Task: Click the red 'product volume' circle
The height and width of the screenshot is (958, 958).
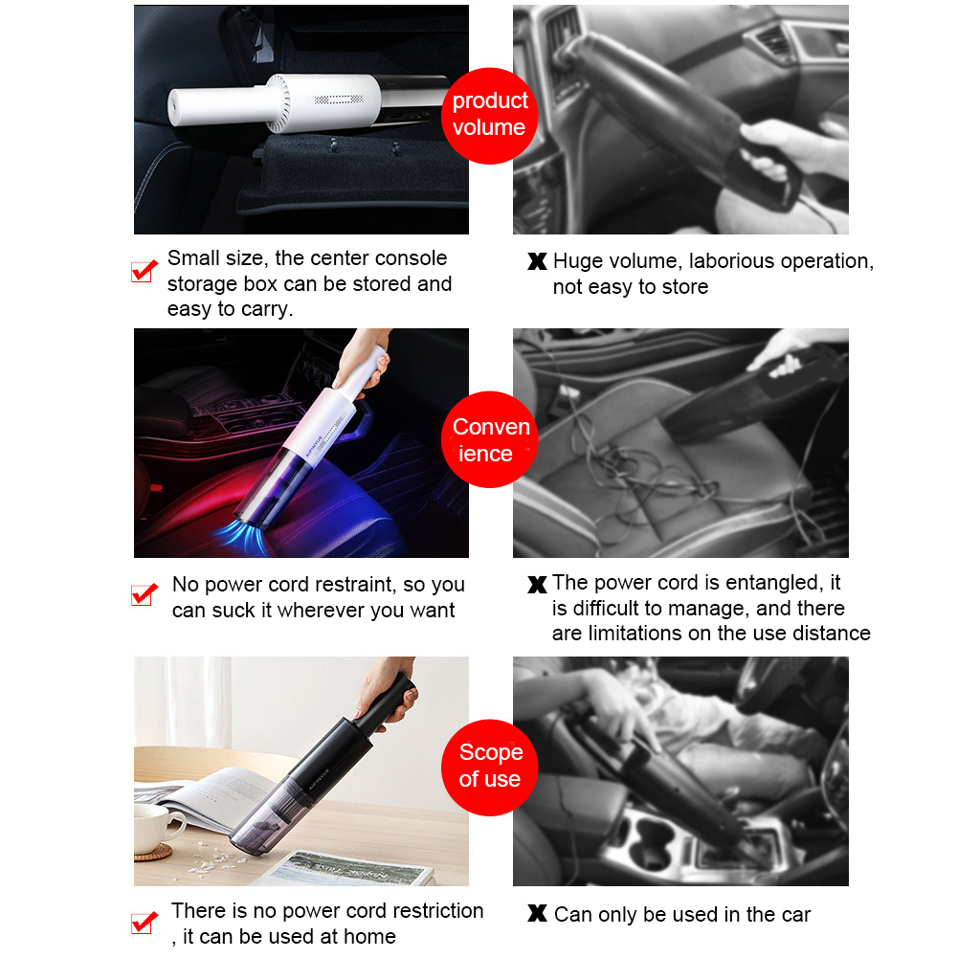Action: [x=489, y=116]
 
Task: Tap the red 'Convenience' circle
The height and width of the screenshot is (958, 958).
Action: [x=489, y=439]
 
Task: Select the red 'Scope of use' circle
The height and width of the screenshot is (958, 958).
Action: [x=489, y=768]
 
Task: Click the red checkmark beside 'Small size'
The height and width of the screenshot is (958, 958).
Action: [x=145, y=271]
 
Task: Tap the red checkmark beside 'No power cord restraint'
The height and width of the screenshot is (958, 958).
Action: [x=145, y=594]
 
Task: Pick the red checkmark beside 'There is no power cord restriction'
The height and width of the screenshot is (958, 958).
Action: [x=145, y=923]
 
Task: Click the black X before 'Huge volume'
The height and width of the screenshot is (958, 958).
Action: [x=537, y=261]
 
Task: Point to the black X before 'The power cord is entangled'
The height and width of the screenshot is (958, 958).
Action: [x=537, y=585]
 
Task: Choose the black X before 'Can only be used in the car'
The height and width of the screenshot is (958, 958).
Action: [x=537, y=913]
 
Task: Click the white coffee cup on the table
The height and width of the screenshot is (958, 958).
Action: [x=154, y=828]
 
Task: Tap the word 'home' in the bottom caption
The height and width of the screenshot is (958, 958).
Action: [x=369, y=936]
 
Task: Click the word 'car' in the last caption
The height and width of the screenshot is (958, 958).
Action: [x=795, y=915]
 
